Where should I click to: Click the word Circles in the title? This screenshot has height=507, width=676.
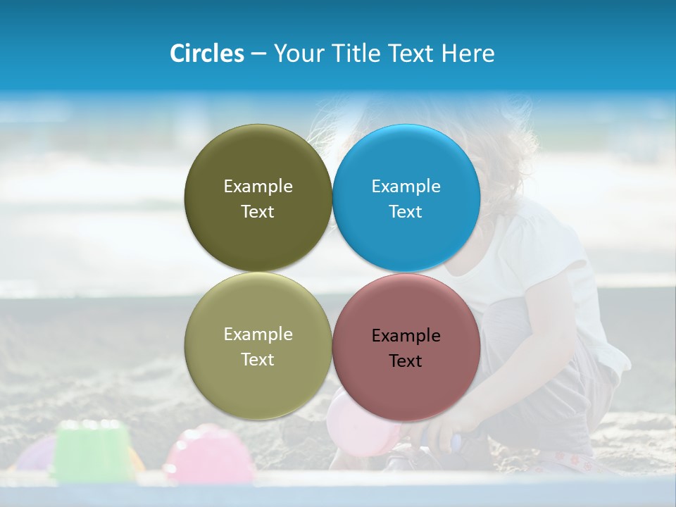pos(206,54)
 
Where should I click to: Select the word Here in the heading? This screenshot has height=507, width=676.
pos(468,54)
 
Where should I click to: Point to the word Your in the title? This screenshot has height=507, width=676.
pos(297,54)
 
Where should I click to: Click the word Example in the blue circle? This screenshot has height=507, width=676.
pos(406,187)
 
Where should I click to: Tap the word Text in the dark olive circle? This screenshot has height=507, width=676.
pos(258,212)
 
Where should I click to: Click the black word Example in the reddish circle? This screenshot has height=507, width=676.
pos(406,336)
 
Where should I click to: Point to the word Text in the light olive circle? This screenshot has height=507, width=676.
pos(258,360)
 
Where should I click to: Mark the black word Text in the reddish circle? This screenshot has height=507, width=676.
pos(406,361)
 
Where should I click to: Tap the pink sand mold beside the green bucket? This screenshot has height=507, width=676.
pos(209,454)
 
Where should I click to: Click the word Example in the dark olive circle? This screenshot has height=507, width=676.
pos(258,187)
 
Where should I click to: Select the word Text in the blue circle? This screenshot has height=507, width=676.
pos(406,212)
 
